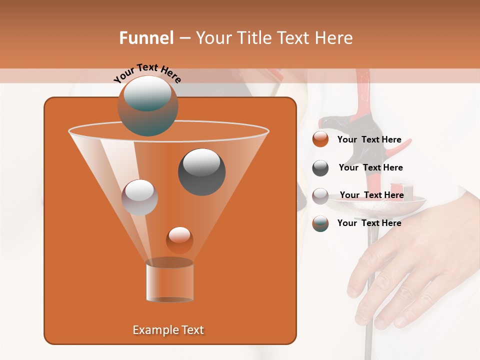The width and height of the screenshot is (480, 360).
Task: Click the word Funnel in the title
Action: (x=146, y=38)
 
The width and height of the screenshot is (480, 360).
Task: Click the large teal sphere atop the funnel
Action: (x=147, y=106)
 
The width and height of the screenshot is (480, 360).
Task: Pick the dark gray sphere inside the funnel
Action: (x=201, y=171)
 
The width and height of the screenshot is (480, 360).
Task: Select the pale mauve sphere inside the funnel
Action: (x=139, y=197)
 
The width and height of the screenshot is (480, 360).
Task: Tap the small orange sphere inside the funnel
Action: (x=179, y=240)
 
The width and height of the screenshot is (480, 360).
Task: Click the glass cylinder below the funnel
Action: (x=169, y=281)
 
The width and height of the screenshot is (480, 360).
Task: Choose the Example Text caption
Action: (x=168, y=330)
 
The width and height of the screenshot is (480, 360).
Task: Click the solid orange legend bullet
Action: (x=320, y=139)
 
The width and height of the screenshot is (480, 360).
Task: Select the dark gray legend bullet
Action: (x=320, y=168)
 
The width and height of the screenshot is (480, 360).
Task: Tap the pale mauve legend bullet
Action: (x=320, y=195)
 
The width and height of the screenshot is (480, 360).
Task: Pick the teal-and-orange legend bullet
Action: (x=320, y=223)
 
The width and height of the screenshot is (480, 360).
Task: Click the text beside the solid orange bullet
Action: (x=369, y=140)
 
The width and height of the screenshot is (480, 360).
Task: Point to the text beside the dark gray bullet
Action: (x=370, y=167)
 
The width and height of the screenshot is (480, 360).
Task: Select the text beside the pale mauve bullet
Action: (x=371, y=195)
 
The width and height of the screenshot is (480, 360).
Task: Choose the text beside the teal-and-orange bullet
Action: (x=369, y=223)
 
